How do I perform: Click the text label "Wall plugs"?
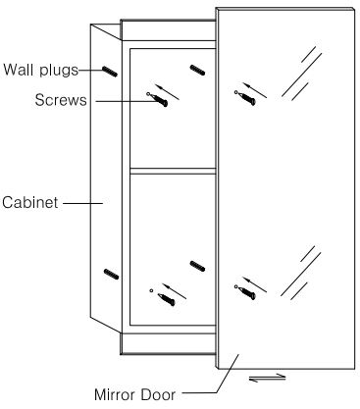click(41, 70)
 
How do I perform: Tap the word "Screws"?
click(61, 100)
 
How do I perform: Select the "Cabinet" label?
click(30, 202)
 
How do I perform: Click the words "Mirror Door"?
click(134, 394)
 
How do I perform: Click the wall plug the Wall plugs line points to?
click(110, 72)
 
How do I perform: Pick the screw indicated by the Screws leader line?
click(161, 100)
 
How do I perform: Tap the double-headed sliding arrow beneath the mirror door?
click(267, 378)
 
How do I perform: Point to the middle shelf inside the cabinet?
click(173, 171)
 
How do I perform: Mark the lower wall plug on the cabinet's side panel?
click(111, 274)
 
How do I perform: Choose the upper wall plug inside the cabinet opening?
click(197, 70)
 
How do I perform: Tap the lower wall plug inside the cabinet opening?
click(197, 266)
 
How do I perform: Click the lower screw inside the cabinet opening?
click(167, 299)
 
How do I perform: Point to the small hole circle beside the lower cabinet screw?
click(151, 290)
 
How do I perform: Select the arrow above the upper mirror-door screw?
click(255, 90)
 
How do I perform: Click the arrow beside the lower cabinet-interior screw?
click(175, 291)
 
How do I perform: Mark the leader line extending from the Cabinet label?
click(83, 203)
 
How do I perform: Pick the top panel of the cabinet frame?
click(169, 30)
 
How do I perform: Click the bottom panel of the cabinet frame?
click(169, 343)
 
